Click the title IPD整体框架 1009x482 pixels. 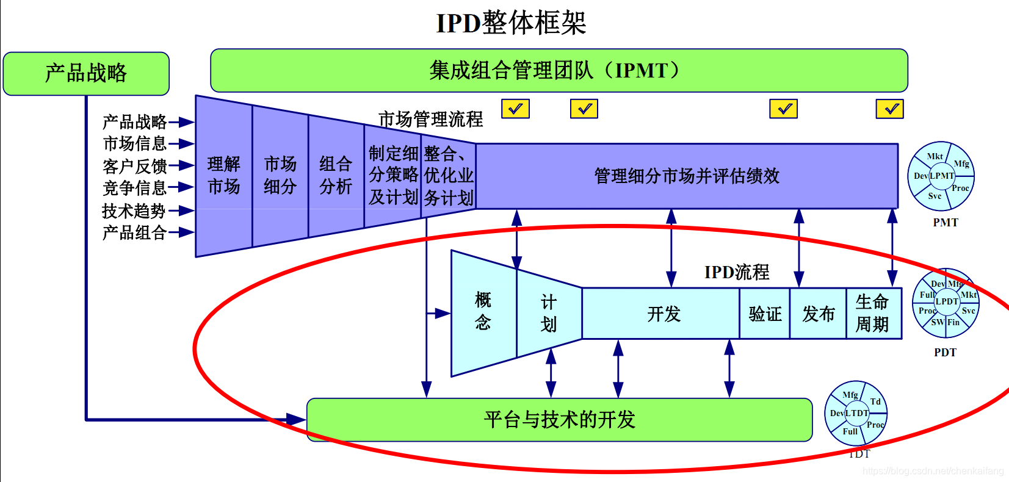point(511,23)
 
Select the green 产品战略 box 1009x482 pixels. point(86,73)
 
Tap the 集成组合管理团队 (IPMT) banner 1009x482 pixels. point(559,70)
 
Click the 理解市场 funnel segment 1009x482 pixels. point(223,175)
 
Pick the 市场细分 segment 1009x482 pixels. point(280,175)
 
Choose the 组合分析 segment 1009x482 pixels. point(336,175)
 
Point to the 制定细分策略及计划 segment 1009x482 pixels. point(393,175)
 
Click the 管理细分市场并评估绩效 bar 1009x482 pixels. point(687,176)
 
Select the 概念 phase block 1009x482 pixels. point(483,311)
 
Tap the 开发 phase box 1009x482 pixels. point(663,314)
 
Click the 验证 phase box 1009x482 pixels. point(765,314)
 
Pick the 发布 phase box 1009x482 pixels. point(818,314)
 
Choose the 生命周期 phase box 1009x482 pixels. point(872,313)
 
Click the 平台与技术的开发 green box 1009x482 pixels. point(559,420)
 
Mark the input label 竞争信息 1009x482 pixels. point(134,188)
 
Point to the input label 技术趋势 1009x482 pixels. point(134,211)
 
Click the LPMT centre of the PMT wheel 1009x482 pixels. point(941,176)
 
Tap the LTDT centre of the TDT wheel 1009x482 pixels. point(856,413)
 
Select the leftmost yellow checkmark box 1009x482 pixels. point(515,109)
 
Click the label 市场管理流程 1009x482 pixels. point(430,119)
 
